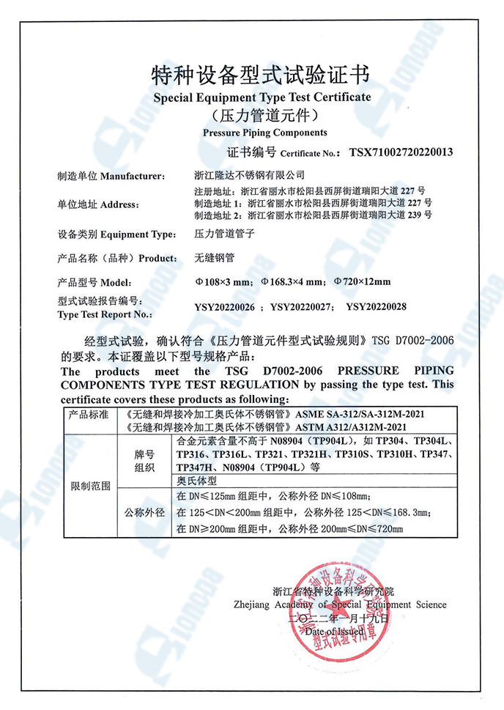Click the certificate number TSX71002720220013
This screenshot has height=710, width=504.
coord(401,152)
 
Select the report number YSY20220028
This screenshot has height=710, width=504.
coord(376,307)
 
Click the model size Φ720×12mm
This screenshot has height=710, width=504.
coord(362,282)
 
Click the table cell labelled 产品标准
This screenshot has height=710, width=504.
coord(89,415)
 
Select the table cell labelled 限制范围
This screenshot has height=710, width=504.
coord(89,484)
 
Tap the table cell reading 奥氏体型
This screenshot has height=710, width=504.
coord(197,481)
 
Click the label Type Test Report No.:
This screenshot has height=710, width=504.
coord(105,314)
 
